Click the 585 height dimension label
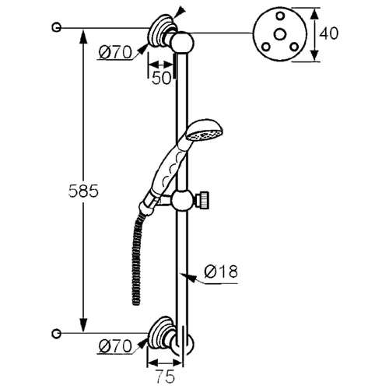point(83,191)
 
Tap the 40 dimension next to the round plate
point(328,33)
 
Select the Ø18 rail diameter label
point(221,272)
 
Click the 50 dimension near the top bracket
point(162,78)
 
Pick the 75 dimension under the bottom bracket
point(166,377)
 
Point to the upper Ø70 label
point(115,53)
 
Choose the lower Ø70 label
point(115,346)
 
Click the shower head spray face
point(205,135)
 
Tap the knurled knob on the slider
point(203,200)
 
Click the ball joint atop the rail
point(183,43)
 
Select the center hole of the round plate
point(280,34)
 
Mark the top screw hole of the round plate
point(280,16)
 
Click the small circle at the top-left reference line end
point(56,27)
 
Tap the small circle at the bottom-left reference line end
point(56,333)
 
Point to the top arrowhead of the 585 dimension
point(83,37)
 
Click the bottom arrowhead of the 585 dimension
point(83,324)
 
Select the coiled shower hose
point(137,257)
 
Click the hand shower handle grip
point(169,169)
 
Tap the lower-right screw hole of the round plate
point(294,47)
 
